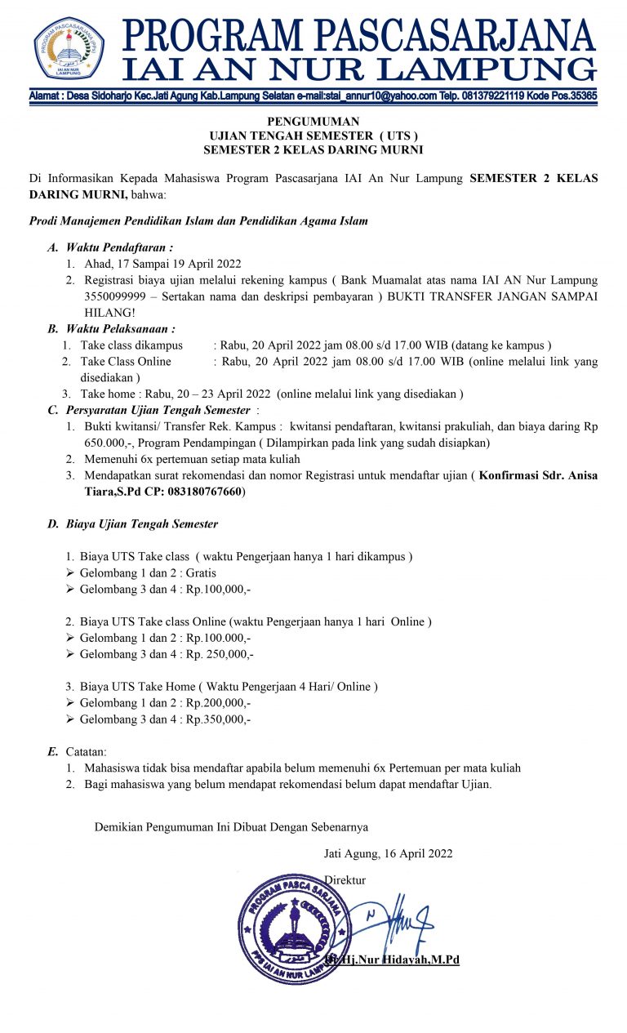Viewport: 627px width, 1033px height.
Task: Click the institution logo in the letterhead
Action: (69, 47)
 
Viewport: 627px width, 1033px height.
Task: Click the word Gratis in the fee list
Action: (201, 572)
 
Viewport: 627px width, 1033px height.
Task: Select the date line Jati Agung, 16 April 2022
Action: (388, 853)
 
